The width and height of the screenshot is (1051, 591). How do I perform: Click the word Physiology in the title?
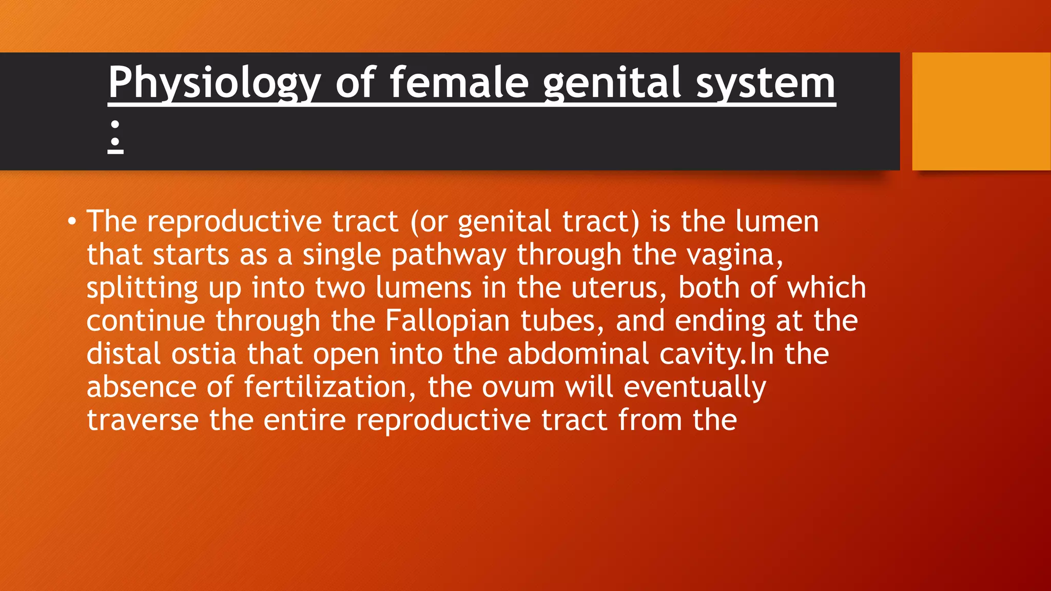(x=214, y=84)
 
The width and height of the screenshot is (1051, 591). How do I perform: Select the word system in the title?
(x=766, y=84)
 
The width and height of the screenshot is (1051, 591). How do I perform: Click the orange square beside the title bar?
(x=981, y=111)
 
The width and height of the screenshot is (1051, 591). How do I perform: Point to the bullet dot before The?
(x=72, y=222)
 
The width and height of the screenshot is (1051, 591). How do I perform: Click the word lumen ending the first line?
(x=776, y=222)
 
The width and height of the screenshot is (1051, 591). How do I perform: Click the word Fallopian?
(x=447, y=321)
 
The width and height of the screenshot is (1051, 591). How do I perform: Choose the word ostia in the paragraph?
(x=203, y=354)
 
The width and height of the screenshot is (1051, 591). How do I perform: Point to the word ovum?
(x=518, y=387)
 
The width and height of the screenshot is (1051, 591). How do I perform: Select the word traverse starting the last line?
(x=142, y=420)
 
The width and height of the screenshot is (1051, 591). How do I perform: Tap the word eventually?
(x=694, y=387)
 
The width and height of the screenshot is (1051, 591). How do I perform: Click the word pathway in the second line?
(x=448, y=255)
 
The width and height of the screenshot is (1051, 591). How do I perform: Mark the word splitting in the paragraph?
(x=142, y=288)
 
